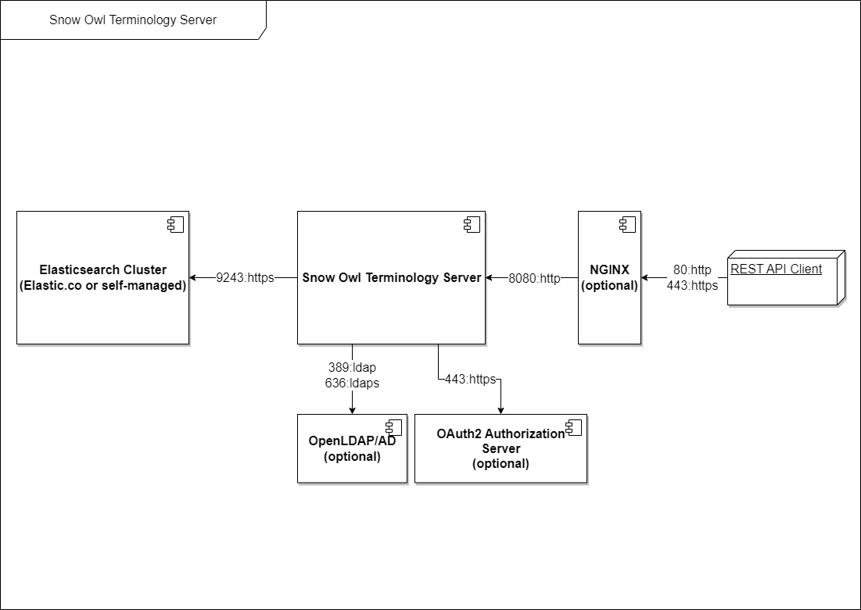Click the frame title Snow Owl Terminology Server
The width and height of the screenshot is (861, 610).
coord(133,20)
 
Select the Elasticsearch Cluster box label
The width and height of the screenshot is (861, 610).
coord(102,277)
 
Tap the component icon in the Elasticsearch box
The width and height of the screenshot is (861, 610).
coord(176,224)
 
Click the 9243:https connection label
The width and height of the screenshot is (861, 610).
coord(245,277)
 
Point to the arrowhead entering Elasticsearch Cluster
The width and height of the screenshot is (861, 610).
coord(193,277)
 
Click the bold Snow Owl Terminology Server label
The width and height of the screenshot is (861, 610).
coord(392,277)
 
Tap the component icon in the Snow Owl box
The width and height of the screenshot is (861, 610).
coord(472,224)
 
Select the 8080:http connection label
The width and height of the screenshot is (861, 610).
coord(534,278)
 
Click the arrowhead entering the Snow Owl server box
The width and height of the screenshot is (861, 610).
coord(490,277)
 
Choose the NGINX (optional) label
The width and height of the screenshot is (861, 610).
coord(609,277)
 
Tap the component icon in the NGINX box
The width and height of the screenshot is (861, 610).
coord(628,224)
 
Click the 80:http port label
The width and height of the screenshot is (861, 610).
coord(692,270)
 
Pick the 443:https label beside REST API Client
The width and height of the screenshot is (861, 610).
coord(692,285)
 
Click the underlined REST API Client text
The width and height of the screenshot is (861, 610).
coord(776,269)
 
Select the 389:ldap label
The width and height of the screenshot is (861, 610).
coord(352,368)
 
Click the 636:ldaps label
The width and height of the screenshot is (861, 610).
coord(352,383)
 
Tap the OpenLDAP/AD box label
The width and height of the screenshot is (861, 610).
coord(352,449)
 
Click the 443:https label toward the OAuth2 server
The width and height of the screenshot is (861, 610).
coord(470,379)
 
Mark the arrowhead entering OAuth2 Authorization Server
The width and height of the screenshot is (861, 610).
coord(500,410)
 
